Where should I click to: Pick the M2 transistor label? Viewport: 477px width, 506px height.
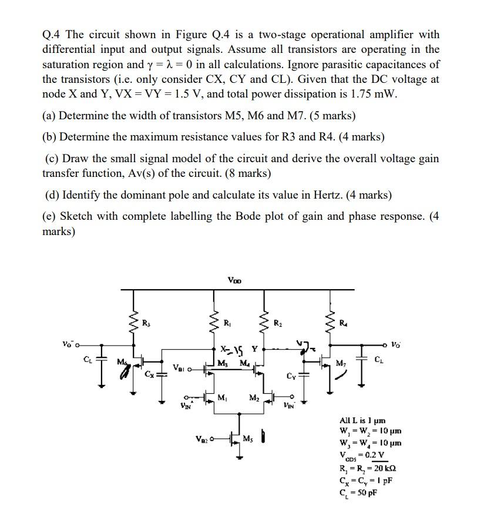(x=254, y=399)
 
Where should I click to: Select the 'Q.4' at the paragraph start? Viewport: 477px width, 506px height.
(x=53, y=35)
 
